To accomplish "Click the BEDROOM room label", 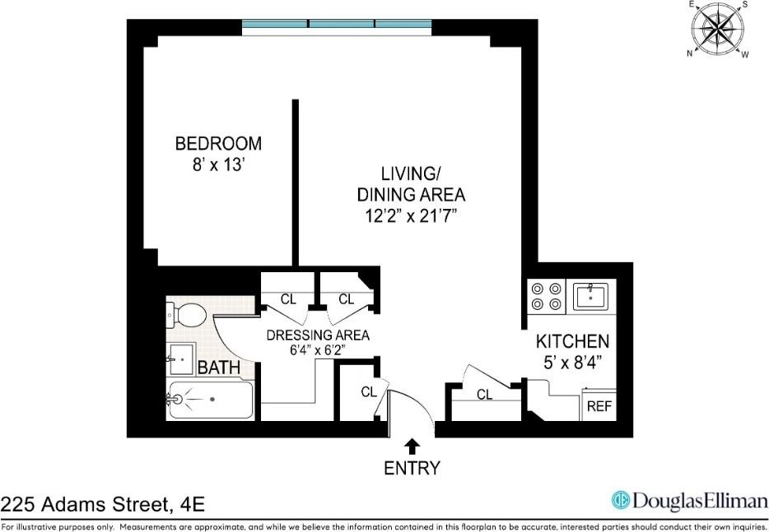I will click(x=218, y=144).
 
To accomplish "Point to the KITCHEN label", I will click(x=573, y=341).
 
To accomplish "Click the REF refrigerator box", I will click(x=599, y=406).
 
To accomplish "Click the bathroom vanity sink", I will click(x=180, y=359).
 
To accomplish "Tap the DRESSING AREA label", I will click(x=318, y=335).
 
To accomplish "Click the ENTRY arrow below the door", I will click(x=412, y=446).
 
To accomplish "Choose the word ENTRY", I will click(x=412, y=469).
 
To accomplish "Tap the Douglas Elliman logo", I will click(x=689, y=500).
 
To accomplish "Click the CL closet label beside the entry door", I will click(x=369, y=392).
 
